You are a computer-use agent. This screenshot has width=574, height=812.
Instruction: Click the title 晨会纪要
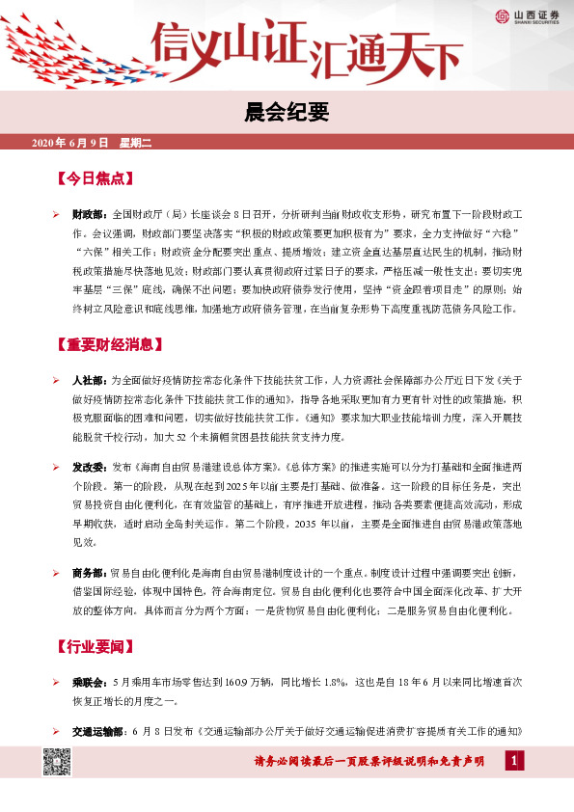pyautogui.click(x=287, y=114)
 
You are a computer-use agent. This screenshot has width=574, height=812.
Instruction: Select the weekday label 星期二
pyautogui.click(x=136, y=143)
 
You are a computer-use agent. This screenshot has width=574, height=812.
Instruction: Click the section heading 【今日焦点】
pyautogui.click(x=95, y=179)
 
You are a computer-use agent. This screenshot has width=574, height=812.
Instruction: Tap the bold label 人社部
pyautogui.click(x=92, y=380)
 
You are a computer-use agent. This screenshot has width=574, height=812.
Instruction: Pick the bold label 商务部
pyautogui.click(x=92, y=573)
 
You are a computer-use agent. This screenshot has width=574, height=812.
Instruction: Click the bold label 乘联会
pyautogui.click(x=92, y=682)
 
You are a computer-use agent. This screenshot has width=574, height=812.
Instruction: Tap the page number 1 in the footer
pyautogui.click(x=516, y=762)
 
